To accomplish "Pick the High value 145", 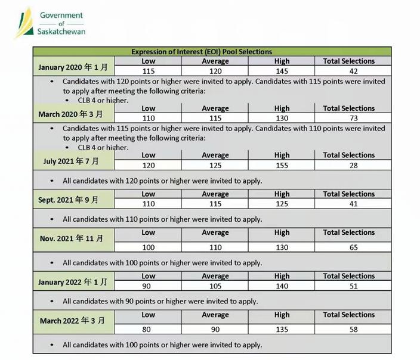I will coord(282,71).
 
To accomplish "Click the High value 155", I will coord(282,165).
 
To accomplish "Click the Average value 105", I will coord(215,286).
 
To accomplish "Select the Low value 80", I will coord(148,329).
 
